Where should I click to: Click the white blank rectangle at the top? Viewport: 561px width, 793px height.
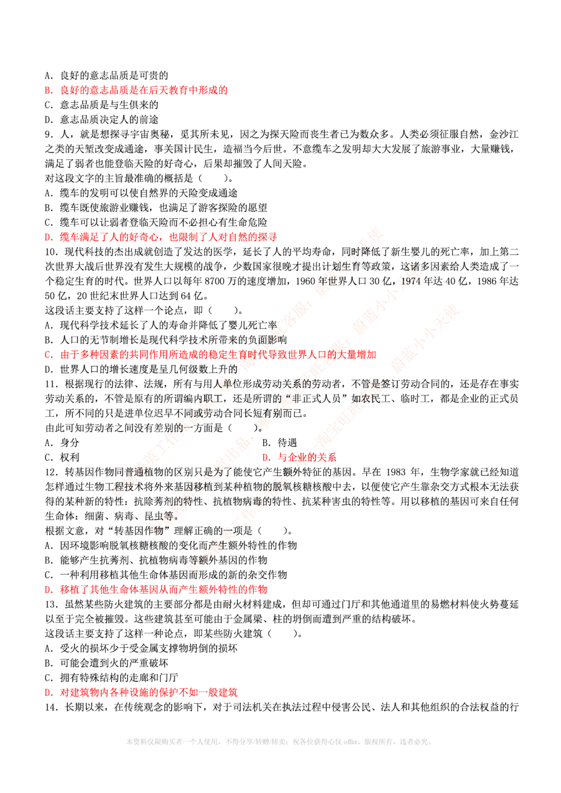pyautogui.click(x=278, y=42)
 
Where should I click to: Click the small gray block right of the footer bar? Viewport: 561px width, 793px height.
pyautogui.click(x=417, y=744)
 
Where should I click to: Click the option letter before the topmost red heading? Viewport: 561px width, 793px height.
pyautogui.click(x=48, y=90)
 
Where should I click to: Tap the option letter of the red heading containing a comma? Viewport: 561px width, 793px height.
pyautogui.click(x=48, y=238)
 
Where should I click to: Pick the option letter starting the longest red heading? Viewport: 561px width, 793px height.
pyautogui.click(x=49, y=355)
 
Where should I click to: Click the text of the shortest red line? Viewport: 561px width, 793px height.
pyautogui.click(x=307, y=457)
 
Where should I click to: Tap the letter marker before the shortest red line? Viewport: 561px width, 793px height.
pyautogui.click(x=266, y=457)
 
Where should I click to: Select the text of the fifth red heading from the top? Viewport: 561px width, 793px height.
pyautogui.click(x=164, y=590)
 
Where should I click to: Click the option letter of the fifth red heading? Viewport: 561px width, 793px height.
pyautogui.click(x=48, y=590)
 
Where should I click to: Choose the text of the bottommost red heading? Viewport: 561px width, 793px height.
pyautogui.click(x=149, y=693)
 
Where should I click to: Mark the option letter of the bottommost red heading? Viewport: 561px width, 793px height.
pyautogui.click(x=48, y=693)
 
